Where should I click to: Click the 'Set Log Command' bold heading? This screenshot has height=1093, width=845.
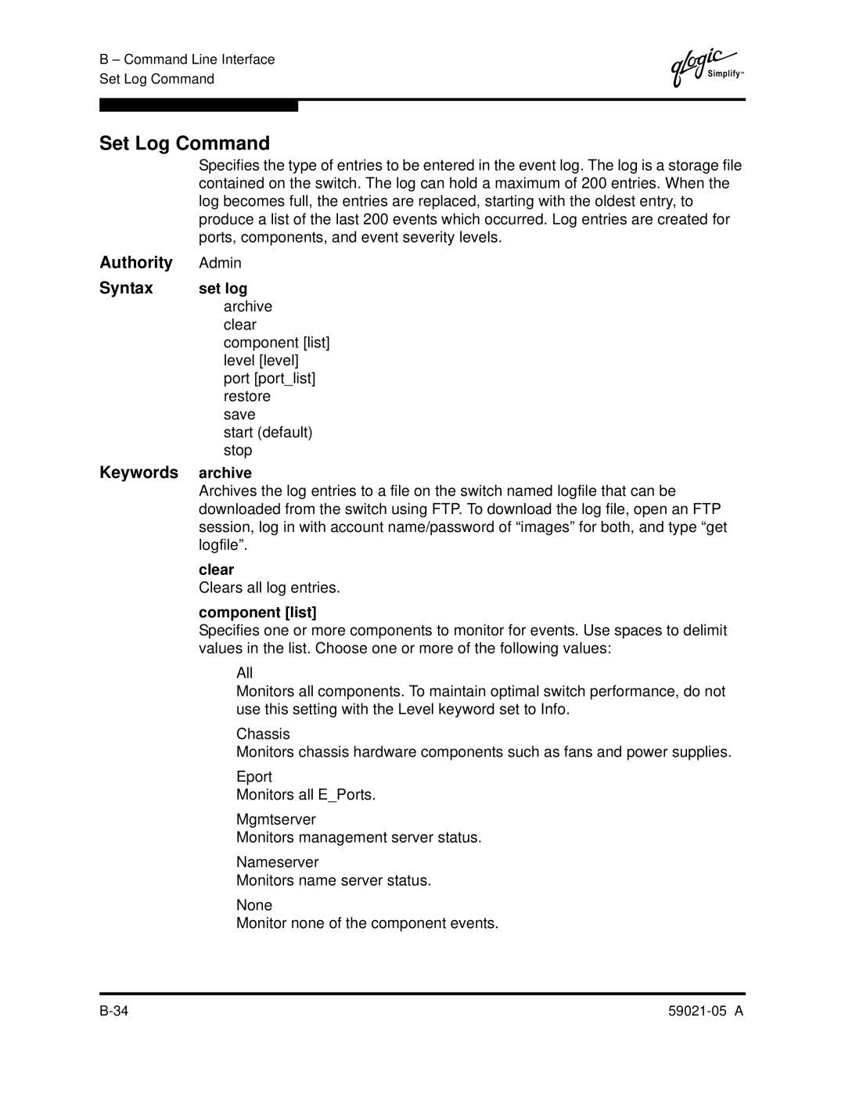[185, 143]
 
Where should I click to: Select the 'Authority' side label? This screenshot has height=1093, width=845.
[136, 262]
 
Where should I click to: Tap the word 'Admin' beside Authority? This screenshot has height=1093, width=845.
[220, 263]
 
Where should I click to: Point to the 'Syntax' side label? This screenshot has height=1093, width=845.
[126, 288]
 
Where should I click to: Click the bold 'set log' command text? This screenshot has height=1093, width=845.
[223, 289]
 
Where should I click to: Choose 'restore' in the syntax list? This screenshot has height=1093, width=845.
[247, 396]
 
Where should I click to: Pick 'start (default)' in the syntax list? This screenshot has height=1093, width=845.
[268, 432]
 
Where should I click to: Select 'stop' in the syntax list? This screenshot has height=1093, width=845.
[238, 450]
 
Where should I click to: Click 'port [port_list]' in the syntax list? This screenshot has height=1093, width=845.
[269, 378]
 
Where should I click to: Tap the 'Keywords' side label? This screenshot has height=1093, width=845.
[138, 473]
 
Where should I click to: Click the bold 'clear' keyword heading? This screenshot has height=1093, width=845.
[217, 570]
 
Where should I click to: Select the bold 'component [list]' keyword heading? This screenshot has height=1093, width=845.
[257, 612]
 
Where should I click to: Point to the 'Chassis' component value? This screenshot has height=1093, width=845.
[263, 734]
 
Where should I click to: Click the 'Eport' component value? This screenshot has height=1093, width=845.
[254, 776]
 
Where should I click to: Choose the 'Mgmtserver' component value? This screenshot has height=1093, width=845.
[276, 819]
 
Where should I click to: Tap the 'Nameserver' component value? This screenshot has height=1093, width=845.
[278, 861]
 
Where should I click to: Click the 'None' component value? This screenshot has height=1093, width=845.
[254, 904]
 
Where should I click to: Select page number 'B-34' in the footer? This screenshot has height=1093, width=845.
[114, 1010]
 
